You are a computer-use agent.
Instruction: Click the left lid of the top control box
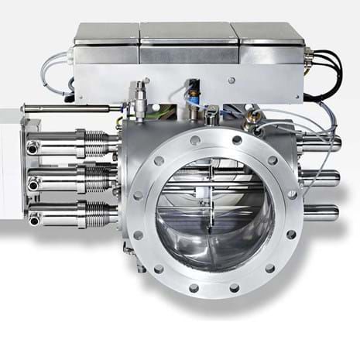point(108,33)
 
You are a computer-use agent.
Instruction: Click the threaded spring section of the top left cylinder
point(94,143)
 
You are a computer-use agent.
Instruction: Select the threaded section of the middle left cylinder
point(94,181)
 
